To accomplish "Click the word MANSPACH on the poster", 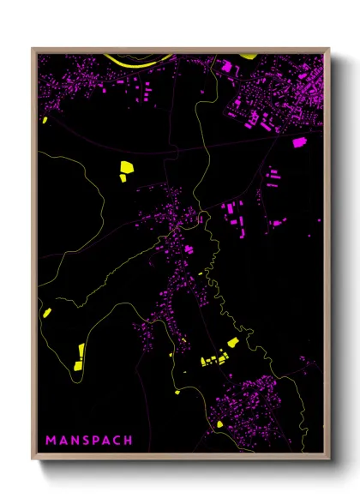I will click(x=89, y=441).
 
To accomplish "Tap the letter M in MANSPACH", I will click(x=51, y=441).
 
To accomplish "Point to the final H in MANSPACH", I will click(x=129, y=441).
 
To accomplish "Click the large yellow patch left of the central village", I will click(x=124, y=170).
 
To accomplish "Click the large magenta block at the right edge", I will click(x=299, y=142).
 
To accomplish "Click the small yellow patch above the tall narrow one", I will click(x=47, y=313).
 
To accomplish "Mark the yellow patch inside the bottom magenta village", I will click(x=220, y=423).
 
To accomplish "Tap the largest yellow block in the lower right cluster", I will click(x=232, y=343).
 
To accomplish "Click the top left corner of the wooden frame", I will click(x=33, y=48).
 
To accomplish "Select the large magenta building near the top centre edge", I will click(x=227, y=66).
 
